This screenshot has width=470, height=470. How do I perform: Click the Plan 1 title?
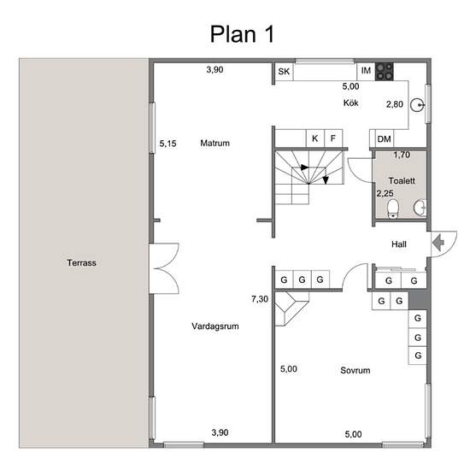pos(242,34)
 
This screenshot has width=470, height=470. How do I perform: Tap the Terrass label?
pos(81,262)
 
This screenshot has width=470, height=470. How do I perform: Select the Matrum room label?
pos(214,143)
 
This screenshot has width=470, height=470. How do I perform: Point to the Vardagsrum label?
pos(215,326)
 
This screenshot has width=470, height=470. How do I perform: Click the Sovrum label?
pos(355,370)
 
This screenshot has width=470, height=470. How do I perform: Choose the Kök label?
pos(351,103)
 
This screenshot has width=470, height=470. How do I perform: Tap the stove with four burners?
pos(385,72)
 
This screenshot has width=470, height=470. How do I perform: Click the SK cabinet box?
pos(284,72)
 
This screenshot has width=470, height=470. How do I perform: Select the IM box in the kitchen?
pos(366,72)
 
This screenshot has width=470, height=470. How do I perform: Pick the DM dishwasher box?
pos(385,138)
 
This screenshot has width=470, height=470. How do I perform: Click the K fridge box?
pos(315,138)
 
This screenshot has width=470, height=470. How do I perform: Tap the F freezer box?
pos(333,138)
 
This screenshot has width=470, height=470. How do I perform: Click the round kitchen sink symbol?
pos(417,105)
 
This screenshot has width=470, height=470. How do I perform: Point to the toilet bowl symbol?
pos(393,209)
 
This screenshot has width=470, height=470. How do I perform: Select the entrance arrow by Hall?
pos(438,243)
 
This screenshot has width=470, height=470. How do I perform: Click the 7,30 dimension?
pos(260,299)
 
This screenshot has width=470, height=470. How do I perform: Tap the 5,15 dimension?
pos(167,144)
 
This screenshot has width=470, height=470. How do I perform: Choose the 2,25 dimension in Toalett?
pos(385,193)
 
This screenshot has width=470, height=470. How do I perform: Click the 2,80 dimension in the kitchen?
pos(395,104)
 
